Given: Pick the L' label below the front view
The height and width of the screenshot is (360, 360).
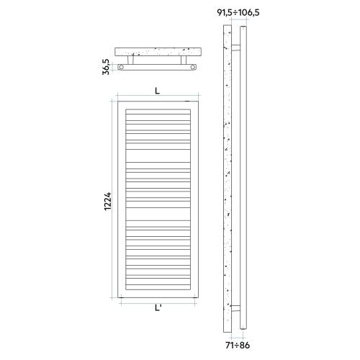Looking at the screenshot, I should click(x=158, y=309).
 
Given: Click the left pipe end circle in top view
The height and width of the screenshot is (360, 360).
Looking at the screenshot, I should click(x=122, y=67).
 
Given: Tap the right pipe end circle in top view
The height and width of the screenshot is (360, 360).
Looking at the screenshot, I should click(x=192, y=67).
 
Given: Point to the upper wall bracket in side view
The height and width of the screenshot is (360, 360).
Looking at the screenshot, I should click(x=235, y=48).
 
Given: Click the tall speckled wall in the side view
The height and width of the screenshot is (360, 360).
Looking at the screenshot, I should click(x=228, y=180).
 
